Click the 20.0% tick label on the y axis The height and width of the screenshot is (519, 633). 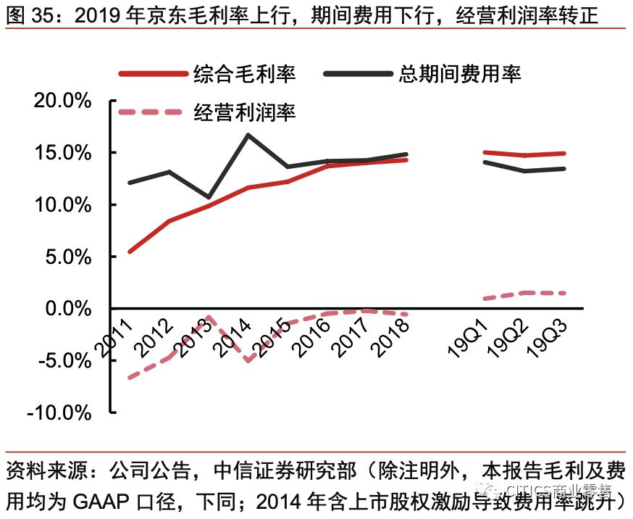click(63, 101)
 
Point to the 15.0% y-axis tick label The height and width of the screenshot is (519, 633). click(63, 153)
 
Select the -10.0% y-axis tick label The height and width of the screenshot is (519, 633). click(59, 413)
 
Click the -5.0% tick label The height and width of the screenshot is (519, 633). click(63, 361)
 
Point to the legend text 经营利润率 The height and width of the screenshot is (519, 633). click(244, 112)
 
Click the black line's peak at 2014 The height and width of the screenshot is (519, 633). click(248, 134)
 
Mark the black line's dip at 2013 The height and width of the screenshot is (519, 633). click(209, 197)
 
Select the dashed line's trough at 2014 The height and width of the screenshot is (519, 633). click(248, 360)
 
